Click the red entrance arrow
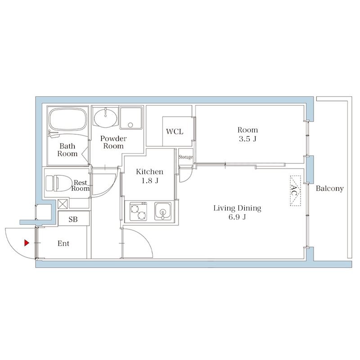[x=27, y=243]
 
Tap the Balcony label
[x=329, y=189]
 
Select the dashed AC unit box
[x=295, y=190]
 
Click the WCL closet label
[x=175, y=131]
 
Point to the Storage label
[x=186, y=157]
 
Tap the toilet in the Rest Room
[x=58, y=183]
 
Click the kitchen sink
[x=162, y=211]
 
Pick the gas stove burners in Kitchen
[x=138, y=211]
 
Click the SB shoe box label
[x=73, y=219]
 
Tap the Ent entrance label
[x=63, y=243]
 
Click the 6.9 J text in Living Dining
[x=237, y=216]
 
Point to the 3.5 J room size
[x=247, y=139]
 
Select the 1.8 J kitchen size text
[x=150, y=180]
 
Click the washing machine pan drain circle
[x=130, y=125]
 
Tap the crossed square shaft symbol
[x=63, y=204]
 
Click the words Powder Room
[x=113, y=142]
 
